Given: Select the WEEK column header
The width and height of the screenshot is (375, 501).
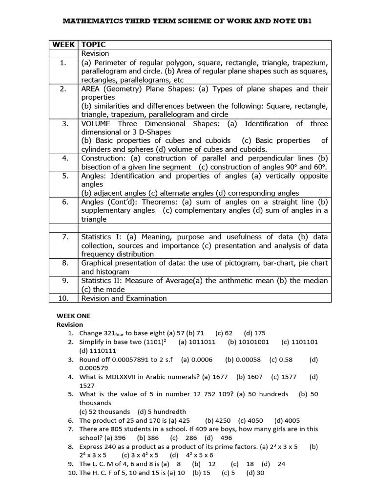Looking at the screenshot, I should click(x=63, y=45).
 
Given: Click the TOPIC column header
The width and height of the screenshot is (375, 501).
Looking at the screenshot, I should click(x=94, y=45).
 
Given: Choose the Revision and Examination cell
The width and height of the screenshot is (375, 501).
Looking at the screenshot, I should click(x=124, y=298).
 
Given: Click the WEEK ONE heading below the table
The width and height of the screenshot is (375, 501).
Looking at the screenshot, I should click(x=73, y=316).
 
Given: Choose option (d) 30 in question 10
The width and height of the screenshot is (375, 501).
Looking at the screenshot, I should click(x=255, y=473).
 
